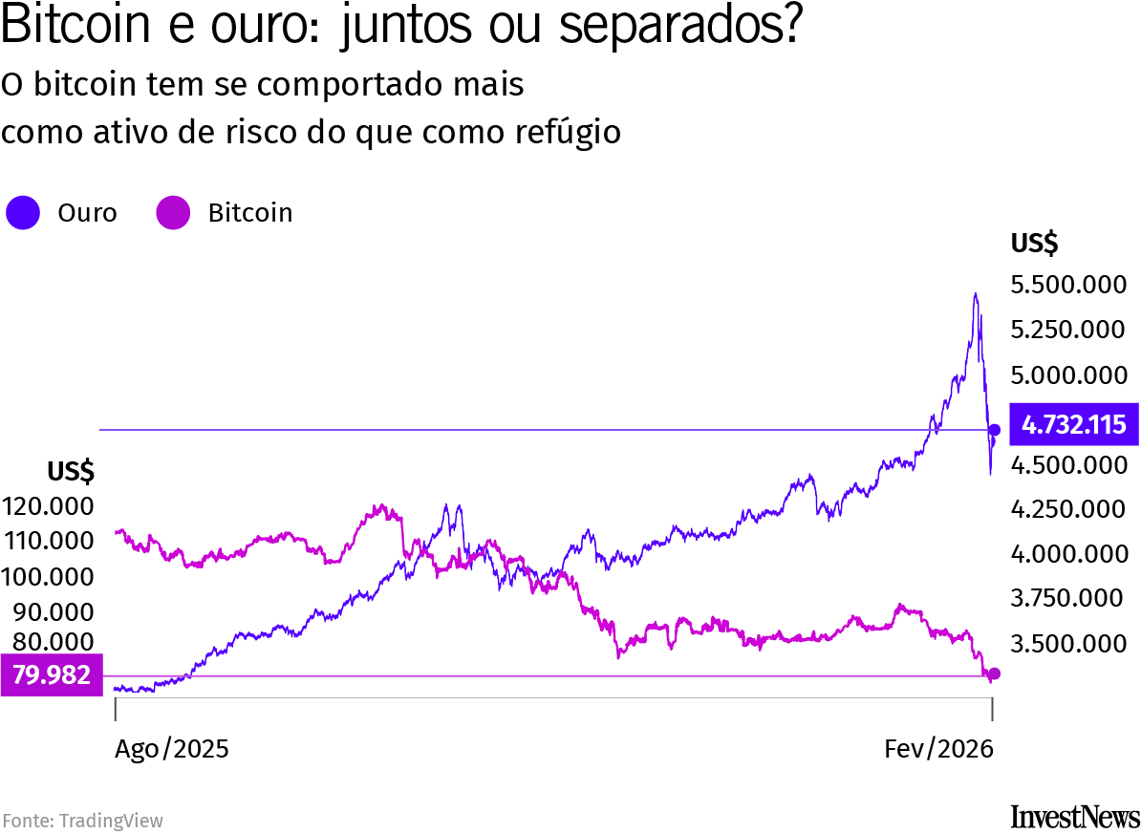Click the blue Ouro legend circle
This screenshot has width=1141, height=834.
23,213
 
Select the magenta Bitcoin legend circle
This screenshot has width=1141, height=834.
173,213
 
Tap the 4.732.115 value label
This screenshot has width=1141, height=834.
1073,425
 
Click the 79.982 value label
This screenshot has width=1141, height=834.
51,675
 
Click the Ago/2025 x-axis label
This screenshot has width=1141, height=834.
172,748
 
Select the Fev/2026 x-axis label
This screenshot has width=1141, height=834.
937,748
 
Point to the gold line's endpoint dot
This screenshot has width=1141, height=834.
994,430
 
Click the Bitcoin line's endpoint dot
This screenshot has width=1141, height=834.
994,674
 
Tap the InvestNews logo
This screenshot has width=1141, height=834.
1074,817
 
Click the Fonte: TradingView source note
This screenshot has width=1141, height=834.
82,820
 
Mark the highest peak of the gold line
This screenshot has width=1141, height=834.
975,294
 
